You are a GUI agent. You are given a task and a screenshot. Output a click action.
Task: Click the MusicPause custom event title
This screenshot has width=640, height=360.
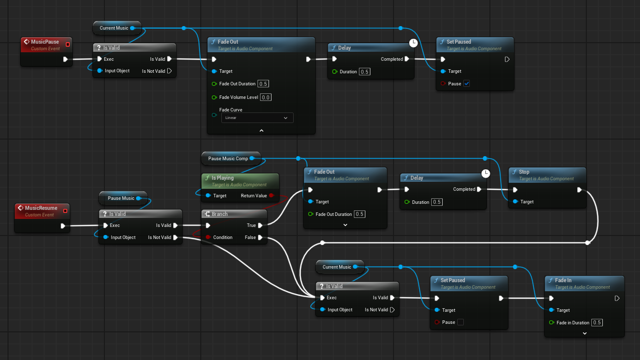tap(45, 42)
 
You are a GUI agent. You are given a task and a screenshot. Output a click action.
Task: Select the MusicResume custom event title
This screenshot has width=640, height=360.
tap(41, 208)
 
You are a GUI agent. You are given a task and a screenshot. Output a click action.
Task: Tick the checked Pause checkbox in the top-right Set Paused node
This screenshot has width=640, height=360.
tap(467, 83)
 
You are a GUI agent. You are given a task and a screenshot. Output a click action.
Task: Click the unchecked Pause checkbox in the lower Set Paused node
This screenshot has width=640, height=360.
tap(460, 322)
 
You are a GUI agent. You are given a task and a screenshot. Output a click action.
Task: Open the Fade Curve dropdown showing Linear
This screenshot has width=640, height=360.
tap(258, 117)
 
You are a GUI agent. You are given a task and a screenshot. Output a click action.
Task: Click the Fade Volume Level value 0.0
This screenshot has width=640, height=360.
tap(266, 97)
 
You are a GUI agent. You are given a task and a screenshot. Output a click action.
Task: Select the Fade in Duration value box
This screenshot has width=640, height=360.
tap(597, 322)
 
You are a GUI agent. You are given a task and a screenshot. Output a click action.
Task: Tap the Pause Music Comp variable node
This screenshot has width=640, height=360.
tap(228, 159)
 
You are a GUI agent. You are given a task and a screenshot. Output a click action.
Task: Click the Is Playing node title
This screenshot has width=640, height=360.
tap(222, 178)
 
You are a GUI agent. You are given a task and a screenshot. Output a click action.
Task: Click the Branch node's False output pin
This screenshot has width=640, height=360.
tap(260, 237)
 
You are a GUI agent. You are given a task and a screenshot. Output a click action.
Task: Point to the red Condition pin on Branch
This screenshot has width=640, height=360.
tap(208, 237)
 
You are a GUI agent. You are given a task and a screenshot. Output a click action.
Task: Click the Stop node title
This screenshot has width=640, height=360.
tap(524, 172)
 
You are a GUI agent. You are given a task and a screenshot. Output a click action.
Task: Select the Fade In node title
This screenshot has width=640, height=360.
tap(563, 280)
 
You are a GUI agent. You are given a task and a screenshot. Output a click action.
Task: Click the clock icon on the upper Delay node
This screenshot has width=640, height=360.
tap(413, 43)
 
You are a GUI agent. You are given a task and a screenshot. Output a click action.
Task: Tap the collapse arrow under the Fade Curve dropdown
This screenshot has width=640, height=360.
tap(261, 130)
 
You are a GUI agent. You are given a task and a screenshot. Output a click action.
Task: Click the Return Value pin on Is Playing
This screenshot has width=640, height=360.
tap(271, 196)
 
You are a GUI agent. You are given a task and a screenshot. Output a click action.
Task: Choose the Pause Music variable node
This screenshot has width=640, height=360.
tap(121, 198)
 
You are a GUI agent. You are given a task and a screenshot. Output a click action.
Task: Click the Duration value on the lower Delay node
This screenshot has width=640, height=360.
tap(437, 202)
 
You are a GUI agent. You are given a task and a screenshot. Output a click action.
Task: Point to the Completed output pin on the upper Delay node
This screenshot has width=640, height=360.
tap(407, 59)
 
